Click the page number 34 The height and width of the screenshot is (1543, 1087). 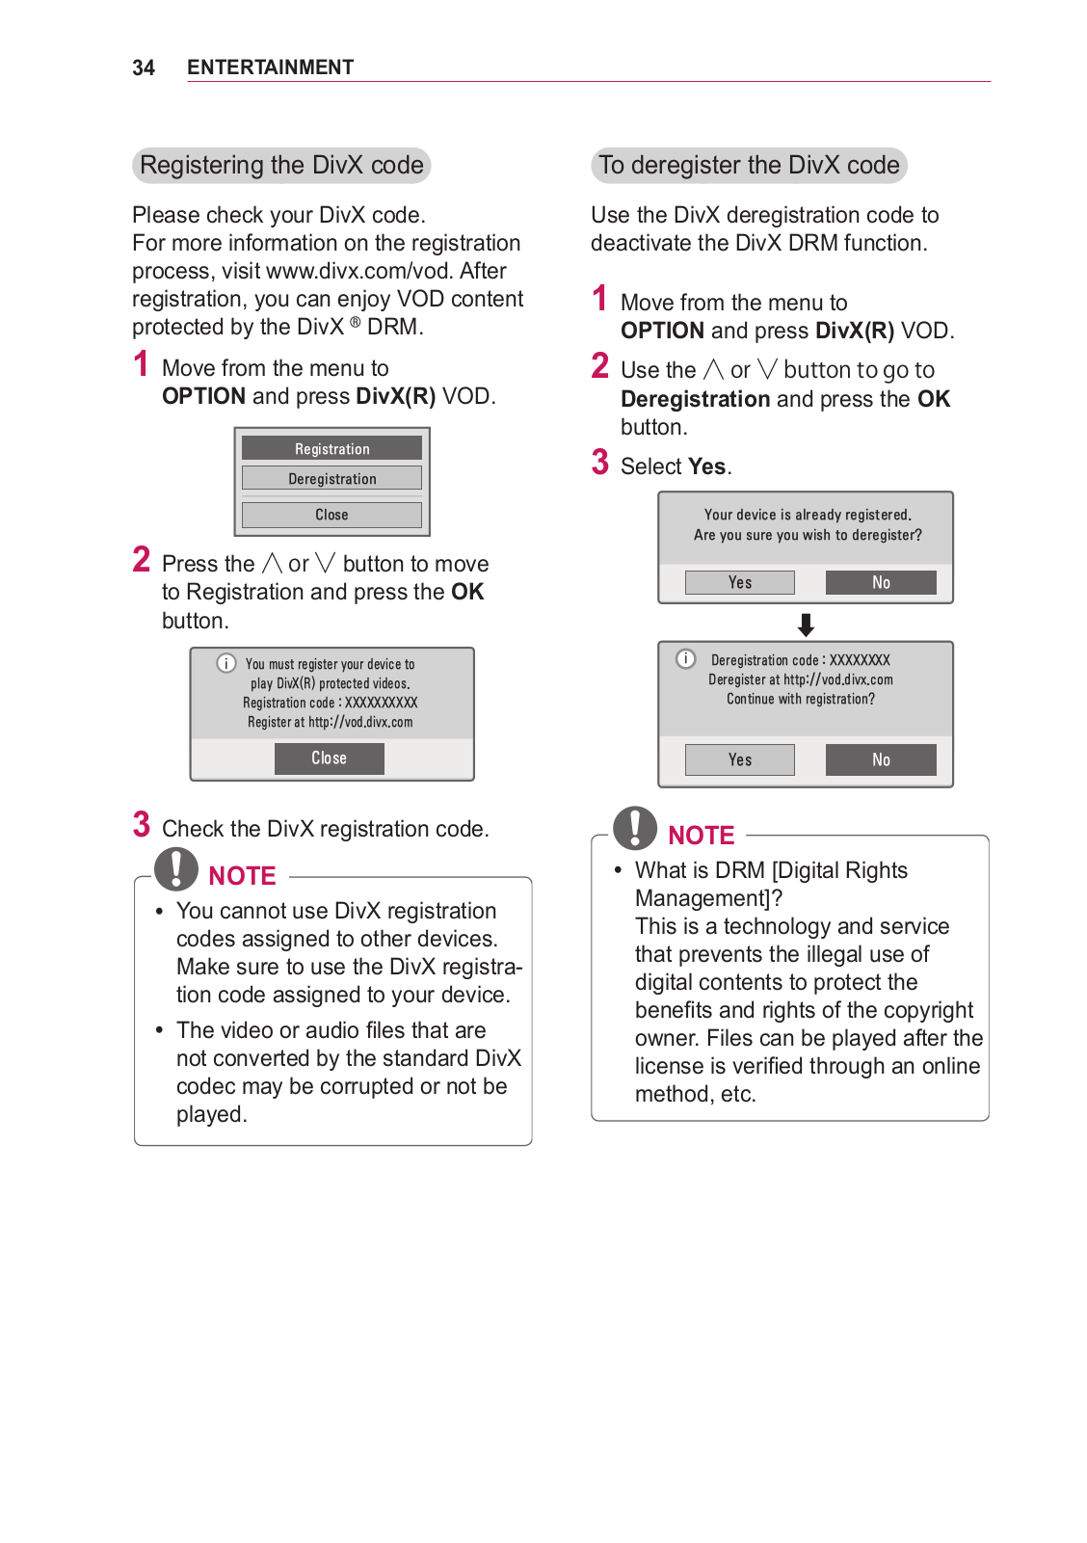143,67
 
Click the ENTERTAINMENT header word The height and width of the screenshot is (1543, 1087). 270,67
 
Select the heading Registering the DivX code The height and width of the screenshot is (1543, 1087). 281,165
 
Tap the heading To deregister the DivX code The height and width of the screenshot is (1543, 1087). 749,165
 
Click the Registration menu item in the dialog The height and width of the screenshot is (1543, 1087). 331,448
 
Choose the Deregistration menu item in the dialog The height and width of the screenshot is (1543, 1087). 331,478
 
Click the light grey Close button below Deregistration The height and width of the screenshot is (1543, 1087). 331,515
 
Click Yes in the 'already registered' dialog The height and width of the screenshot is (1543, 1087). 739,582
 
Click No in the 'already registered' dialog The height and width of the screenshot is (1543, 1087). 881,582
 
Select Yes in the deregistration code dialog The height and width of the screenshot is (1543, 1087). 739,759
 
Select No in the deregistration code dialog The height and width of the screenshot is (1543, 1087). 881,759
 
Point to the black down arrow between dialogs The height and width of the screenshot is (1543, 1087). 806,625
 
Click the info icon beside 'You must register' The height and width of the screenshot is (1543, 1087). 226,663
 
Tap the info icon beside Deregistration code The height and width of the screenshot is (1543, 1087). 686,659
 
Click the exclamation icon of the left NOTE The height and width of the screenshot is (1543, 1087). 176,867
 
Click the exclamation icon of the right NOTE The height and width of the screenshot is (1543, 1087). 635,827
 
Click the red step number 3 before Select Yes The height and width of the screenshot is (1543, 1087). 600,463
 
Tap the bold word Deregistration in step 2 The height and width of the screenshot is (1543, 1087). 695,399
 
